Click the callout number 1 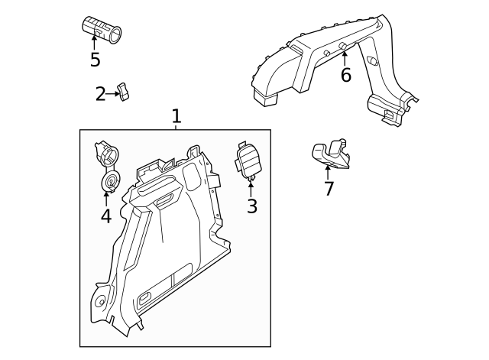click(176, 116)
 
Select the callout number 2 click(101, 94)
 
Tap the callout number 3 click(251, 206)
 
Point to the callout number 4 click(105, 216)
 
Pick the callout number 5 click(95, 59)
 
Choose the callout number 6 click(345, 75)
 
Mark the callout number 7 click(329, 189)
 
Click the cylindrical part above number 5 click(102, 28)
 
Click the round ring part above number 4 click(111, 182)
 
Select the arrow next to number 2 click(114, 94)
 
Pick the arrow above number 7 click(328, 171)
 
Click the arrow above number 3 click(251, 187)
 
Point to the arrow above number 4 click(106, 199)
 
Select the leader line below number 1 click(176, 128)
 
